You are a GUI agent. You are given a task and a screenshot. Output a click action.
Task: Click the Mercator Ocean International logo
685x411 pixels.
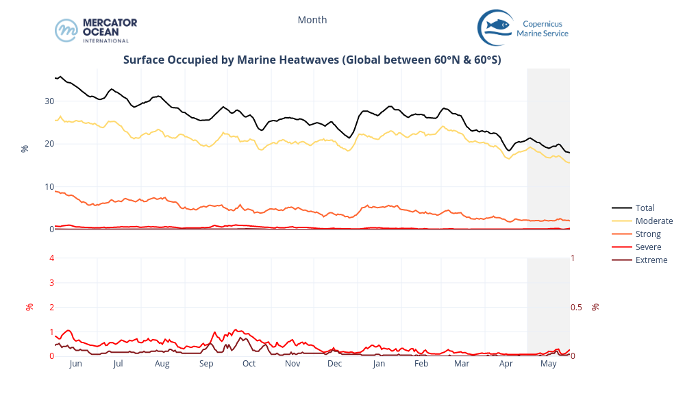[96, 30]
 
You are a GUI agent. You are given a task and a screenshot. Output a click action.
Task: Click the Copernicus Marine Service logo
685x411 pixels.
[523, 28]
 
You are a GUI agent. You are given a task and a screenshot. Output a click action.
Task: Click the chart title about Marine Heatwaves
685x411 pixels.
[312, 60]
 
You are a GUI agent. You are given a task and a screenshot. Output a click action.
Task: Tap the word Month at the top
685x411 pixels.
[312, 20]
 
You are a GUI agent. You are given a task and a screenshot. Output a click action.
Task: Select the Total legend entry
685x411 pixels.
[645, 208]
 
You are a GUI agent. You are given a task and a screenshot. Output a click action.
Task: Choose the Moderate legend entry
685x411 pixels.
[653, 221]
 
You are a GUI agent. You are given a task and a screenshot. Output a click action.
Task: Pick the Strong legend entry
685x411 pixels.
[648, 234]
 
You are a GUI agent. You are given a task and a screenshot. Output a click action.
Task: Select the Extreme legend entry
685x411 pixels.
[651, 260]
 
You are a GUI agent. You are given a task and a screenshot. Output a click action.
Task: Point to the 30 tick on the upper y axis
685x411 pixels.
[49, 101]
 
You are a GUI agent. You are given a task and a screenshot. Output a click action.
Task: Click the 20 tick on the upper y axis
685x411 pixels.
[49, 144]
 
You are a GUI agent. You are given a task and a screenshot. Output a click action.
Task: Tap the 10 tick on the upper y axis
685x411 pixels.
[49, 186]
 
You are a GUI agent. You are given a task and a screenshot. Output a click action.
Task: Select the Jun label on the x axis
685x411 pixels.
[75, 364]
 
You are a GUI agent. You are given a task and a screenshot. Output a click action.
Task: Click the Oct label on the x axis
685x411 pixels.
[249, 364]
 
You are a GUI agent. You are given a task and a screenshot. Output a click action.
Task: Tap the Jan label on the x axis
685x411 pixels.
[379, 364]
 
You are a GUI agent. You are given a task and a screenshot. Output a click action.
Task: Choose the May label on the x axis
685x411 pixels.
[548, 364]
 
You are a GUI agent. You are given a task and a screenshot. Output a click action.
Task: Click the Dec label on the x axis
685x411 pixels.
[334, 364]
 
